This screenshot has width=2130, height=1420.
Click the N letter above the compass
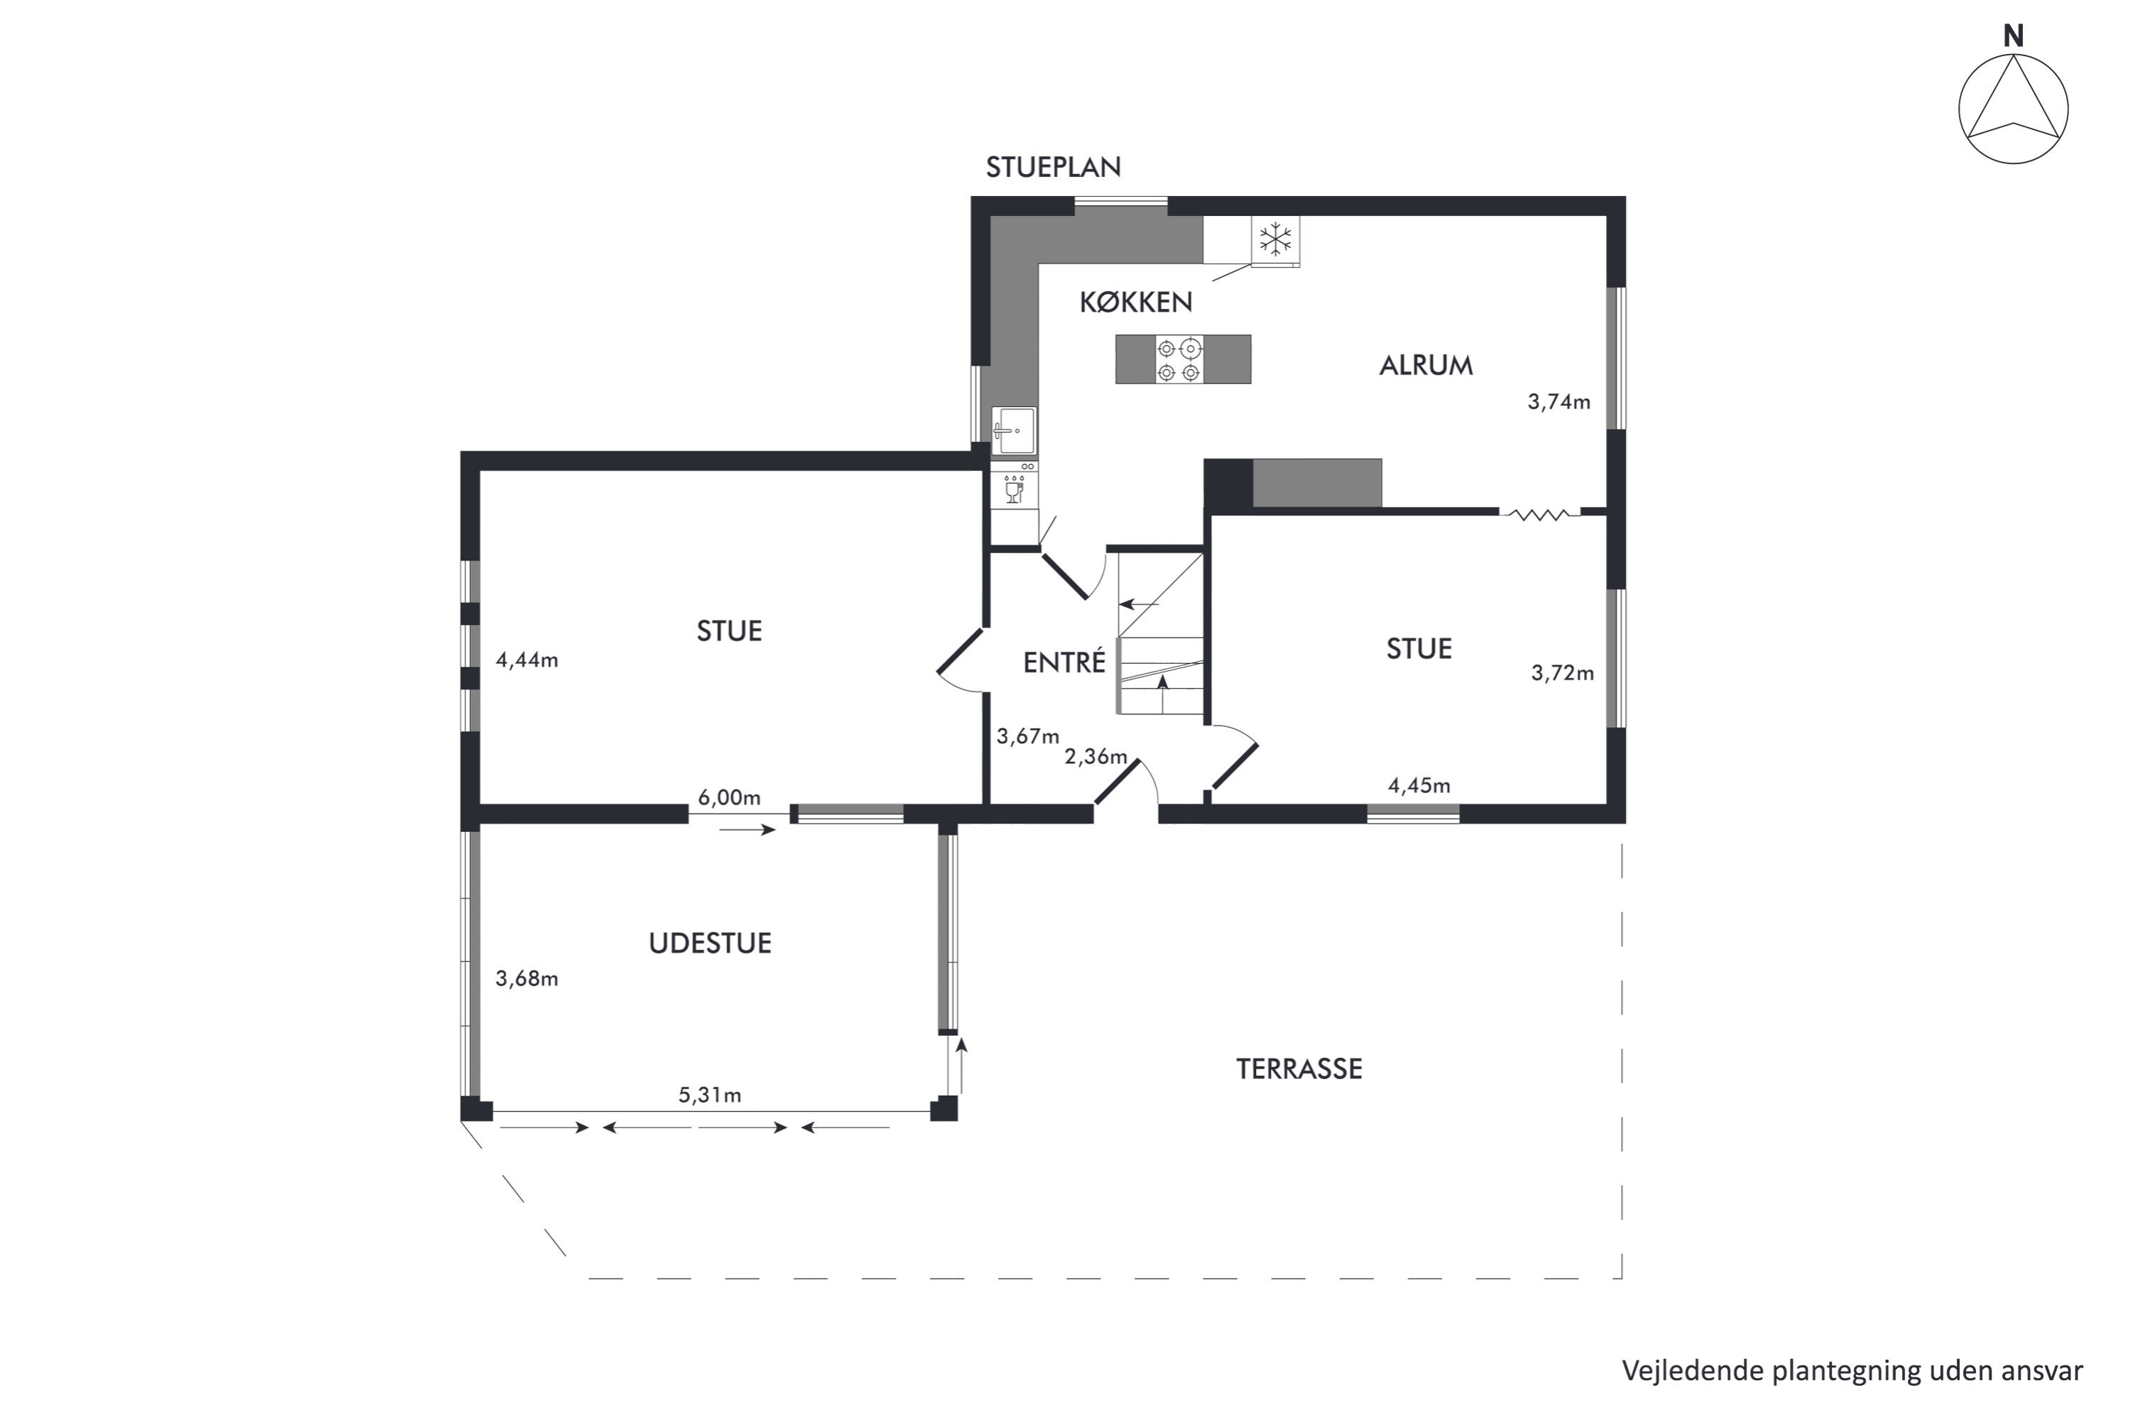[x=2013, y=36]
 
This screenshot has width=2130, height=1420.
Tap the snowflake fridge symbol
[x=1276, y=240]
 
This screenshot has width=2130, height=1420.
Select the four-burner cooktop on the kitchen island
[x=1179, y=359]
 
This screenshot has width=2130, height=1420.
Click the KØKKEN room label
[x=1135, y=302]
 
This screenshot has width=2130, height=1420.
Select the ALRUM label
[x=1426, y=366]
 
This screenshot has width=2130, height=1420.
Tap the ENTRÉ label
[x=1064, y=662]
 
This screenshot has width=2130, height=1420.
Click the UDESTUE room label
[x=710, y=944]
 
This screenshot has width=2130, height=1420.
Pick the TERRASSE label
[x=1299, y=1069]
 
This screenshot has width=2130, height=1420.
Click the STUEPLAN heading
[x=1053, y=168]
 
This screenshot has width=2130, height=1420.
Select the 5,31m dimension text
[x=710, y=1096]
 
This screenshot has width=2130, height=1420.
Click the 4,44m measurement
[x=527, y=660]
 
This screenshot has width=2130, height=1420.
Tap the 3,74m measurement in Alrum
[x=1558, y=402]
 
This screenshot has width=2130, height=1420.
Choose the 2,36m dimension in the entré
[x=1096, y=757]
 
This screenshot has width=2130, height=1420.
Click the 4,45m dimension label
[x=1419, y=786]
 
